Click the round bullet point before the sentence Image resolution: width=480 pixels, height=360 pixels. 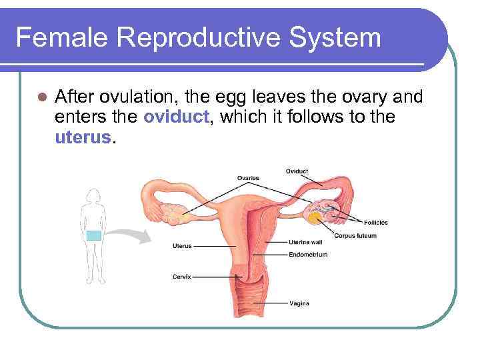(41, 98)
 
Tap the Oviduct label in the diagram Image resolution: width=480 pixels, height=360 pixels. (297, 171)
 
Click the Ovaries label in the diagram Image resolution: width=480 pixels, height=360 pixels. (248, 178)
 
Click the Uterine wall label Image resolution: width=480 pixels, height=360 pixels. (306, 242)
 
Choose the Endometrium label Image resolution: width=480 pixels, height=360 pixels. (308, 254)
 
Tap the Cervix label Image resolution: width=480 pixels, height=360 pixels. (182, 275)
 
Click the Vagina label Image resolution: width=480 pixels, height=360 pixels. (299, 303)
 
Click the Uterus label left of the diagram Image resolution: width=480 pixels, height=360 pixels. (182, 246)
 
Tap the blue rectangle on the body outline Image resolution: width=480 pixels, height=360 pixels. (94, 235)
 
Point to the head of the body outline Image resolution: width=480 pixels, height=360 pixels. (93, 195)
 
